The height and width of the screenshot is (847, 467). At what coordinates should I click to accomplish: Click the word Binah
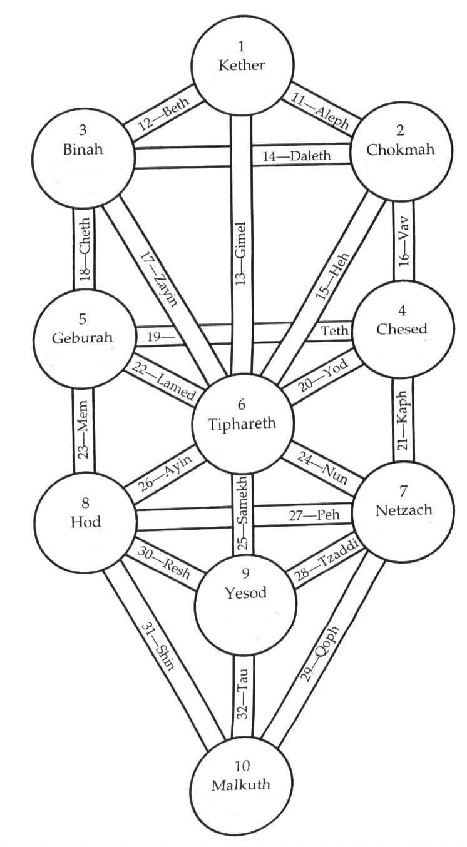[83, 150]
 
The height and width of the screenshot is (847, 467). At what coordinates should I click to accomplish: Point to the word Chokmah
[401, 150]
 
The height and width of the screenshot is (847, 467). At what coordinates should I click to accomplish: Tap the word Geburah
[83, 338]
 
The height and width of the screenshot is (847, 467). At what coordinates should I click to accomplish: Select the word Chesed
[402, 329]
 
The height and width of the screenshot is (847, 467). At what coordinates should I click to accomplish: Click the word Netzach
[404, 510]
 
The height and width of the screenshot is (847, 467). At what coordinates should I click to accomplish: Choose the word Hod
[86, 522]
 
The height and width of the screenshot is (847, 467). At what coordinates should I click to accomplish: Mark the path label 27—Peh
[314, 515]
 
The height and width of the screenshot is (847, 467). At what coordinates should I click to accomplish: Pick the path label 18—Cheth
[85, 250]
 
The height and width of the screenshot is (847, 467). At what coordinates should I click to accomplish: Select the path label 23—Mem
[85, 431]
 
